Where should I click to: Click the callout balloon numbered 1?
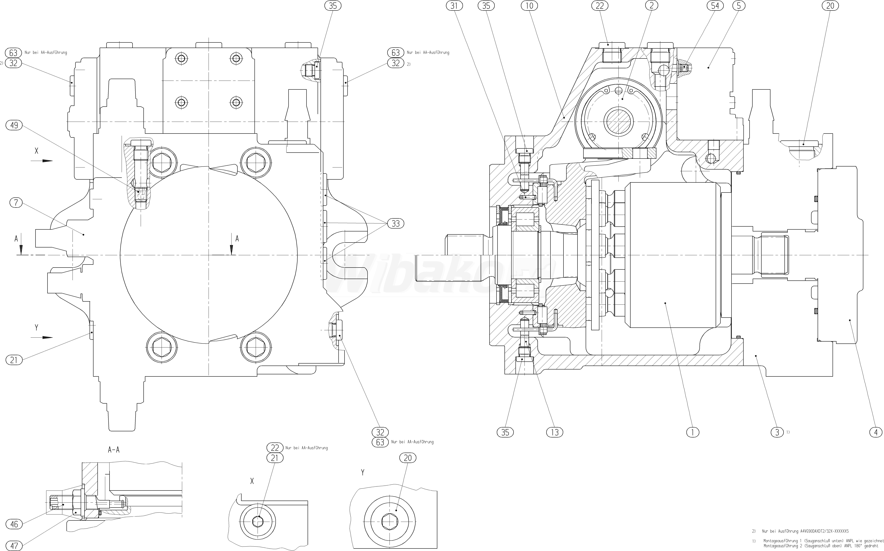pyautogui.click(x=692, y=432)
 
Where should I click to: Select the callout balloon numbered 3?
pyautogui.click(x=777, y=432)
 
